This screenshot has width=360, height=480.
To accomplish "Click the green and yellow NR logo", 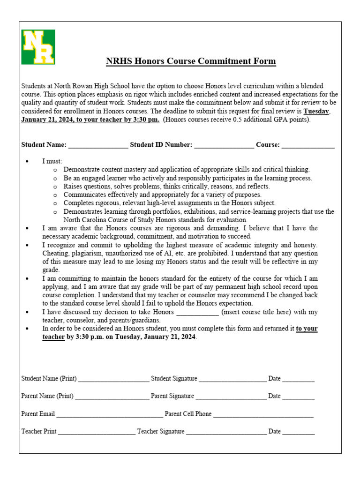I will click(38, 47).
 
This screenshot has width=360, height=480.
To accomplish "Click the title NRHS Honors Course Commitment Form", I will click(190, 61).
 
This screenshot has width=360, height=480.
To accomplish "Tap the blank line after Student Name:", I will click(98, 146).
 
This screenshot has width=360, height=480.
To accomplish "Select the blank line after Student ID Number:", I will click(224, 146).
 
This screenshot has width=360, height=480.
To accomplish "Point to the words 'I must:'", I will click(52, 161).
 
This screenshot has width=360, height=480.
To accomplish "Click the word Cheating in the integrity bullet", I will click(55, 253).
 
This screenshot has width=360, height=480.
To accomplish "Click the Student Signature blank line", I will click(232, 379).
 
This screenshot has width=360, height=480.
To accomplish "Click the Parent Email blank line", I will click(110, 414).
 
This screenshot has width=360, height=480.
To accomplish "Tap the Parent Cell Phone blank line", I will click(263, 414).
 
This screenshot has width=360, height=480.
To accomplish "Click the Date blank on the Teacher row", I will click(299, 432).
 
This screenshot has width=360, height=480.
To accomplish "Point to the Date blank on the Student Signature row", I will click(299, 379).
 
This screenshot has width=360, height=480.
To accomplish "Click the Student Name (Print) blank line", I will click(113, 379).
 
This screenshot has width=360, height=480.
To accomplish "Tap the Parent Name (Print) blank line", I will click(112, 397).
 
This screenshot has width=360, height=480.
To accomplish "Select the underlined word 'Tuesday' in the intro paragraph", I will click(317, 111).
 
